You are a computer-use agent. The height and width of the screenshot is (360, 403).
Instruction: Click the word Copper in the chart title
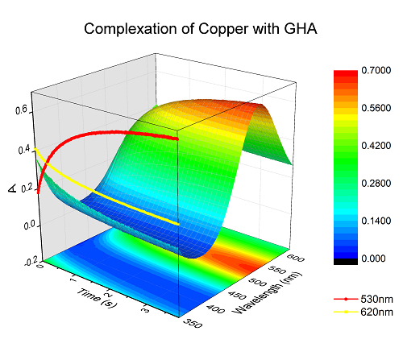click(223, 29)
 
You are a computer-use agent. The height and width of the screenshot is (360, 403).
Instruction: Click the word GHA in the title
click(301, 28)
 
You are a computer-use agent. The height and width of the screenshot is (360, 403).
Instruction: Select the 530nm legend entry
click(364, 299)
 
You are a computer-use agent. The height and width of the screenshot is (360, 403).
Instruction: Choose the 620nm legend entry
click(364, 312)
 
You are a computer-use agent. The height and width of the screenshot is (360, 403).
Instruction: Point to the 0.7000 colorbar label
click(376, 70)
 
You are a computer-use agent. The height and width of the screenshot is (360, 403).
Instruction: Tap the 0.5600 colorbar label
click(376, 108)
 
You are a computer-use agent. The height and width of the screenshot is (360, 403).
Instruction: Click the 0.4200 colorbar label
click(376, 146)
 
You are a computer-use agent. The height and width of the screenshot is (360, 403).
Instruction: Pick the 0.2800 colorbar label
click(376, 184)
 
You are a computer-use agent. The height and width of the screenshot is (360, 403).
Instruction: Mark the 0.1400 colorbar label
click(376, 221)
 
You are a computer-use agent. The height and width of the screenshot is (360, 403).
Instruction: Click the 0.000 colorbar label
click(373, 259)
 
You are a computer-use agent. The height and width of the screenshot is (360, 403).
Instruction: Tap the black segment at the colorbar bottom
click(346, 262)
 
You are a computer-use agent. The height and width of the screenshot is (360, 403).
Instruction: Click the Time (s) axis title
click(98, 298)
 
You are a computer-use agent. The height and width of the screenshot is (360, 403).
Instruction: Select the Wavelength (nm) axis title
click(267, 293)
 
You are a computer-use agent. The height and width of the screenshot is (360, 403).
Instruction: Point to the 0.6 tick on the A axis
click(22, 110)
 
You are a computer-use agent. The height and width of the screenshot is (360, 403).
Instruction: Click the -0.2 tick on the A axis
click(31, 263)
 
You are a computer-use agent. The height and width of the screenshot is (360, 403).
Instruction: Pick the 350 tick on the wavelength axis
click(193, 323)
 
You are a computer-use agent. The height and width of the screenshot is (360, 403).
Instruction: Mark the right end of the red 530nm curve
click(177, 139)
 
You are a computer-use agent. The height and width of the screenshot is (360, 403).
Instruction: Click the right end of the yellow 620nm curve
click(178, 224)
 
